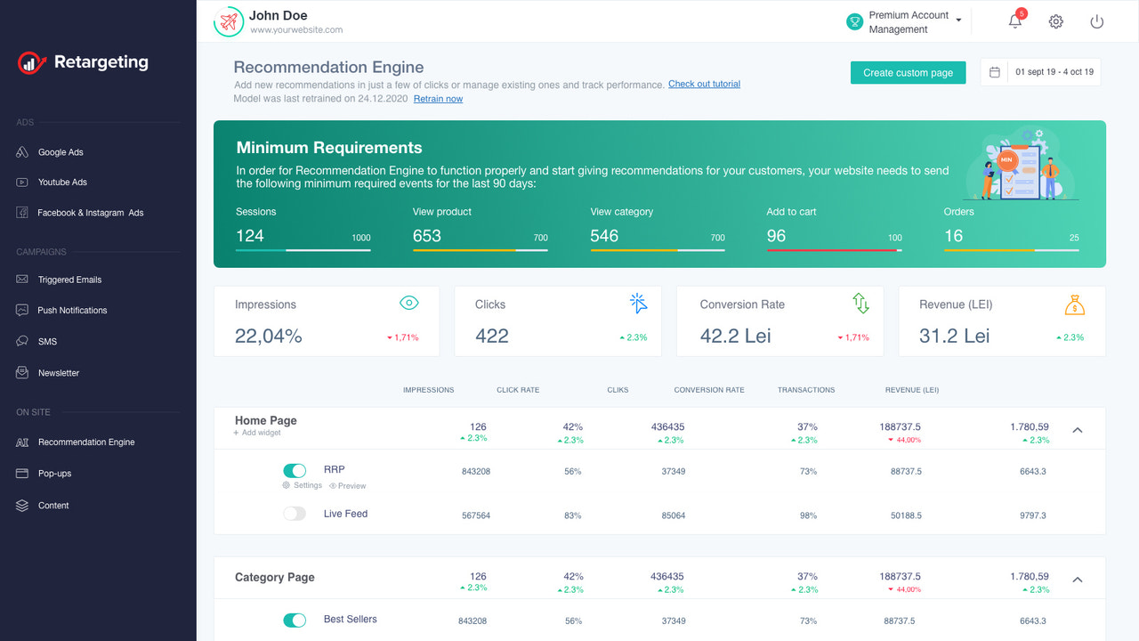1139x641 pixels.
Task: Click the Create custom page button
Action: coord(908,73)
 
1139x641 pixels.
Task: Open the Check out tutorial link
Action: coord(704,85)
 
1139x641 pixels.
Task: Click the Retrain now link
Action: coord(438,99)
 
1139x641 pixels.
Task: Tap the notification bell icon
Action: coord(1015,21)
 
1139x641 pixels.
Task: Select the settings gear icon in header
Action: coord(1055,21)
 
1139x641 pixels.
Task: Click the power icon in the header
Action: coord(1096,21)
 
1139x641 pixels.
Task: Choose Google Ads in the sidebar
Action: coord(60,152)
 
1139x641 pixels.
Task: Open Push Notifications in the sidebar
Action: coord(71,311)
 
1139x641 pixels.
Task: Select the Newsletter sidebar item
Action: coord(58,373)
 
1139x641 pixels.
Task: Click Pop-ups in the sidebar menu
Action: coord(54,474)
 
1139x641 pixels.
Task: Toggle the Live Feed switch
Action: coord(295,514)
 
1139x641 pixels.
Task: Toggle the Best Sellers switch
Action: coord(295,620)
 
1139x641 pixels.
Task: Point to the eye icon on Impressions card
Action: coord(408,304)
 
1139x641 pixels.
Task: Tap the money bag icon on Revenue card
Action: coord(1075,304)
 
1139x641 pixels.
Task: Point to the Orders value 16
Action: coord(954,236)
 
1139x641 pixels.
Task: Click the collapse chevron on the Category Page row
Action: coord(1077,580)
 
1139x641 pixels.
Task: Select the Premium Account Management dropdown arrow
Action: coord(958,21)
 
